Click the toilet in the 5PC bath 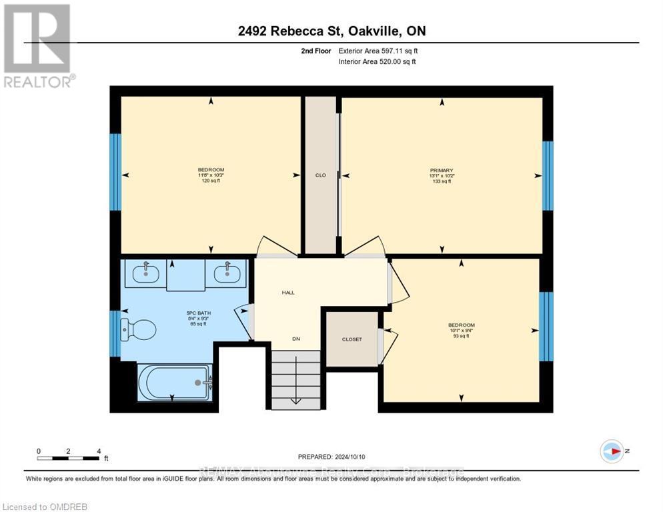point(138,329)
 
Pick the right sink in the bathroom point(227,273)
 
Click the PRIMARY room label point(441,170)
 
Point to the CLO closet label point(320,175)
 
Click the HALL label point(287,292)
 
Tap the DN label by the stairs point(296,339)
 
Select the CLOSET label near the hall point(352,339)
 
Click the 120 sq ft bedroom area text point(211,181)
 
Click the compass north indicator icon point(611,451)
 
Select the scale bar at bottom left point(69,458)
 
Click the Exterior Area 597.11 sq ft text point(378,51)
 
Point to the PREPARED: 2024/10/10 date point(332,457)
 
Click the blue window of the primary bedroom point(548,175)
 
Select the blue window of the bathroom point(115,329)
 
